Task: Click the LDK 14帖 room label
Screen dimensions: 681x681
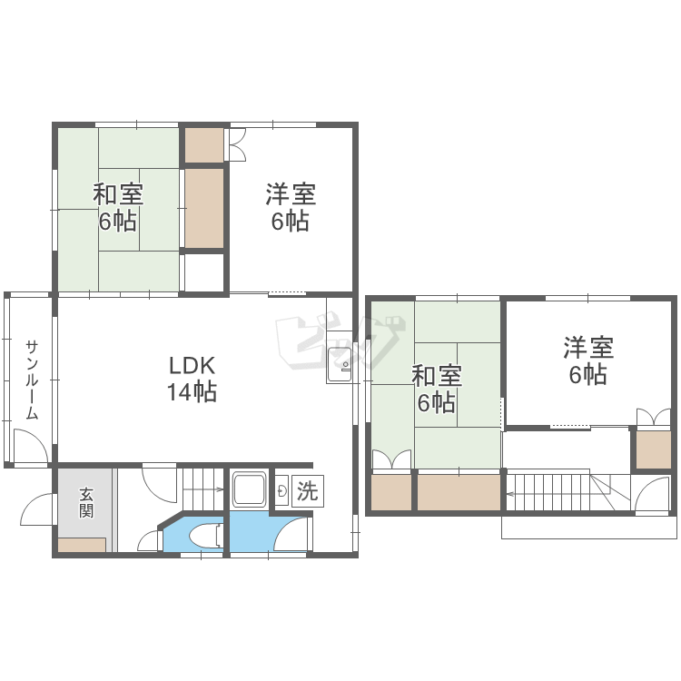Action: [192, 379]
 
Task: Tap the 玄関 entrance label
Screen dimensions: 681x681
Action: [86, 502]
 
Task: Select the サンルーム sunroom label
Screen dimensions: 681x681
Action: [32, 380]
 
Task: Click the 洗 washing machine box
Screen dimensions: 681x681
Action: [308, 490]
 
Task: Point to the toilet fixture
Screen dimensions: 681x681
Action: [203, 535]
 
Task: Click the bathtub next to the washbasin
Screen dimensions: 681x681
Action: [250, 489]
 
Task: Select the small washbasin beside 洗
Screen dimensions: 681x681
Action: [282, 490]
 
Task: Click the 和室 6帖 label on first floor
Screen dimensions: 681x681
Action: [118, 208]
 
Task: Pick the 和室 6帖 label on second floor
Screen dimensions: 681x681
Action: [437, 390]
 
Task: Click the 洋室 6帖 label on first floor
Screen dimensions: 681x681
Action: [291, 208]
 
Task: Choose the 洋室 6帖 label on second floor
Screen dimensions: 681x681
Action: [588, 360]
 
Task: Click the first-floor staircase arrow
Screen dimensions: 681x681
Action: [203, 490]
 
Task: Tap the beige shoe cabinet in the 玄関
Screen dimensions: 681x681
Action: [82, 545]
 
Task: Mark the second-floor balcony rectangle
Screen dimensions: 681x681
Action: [588, 528]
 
